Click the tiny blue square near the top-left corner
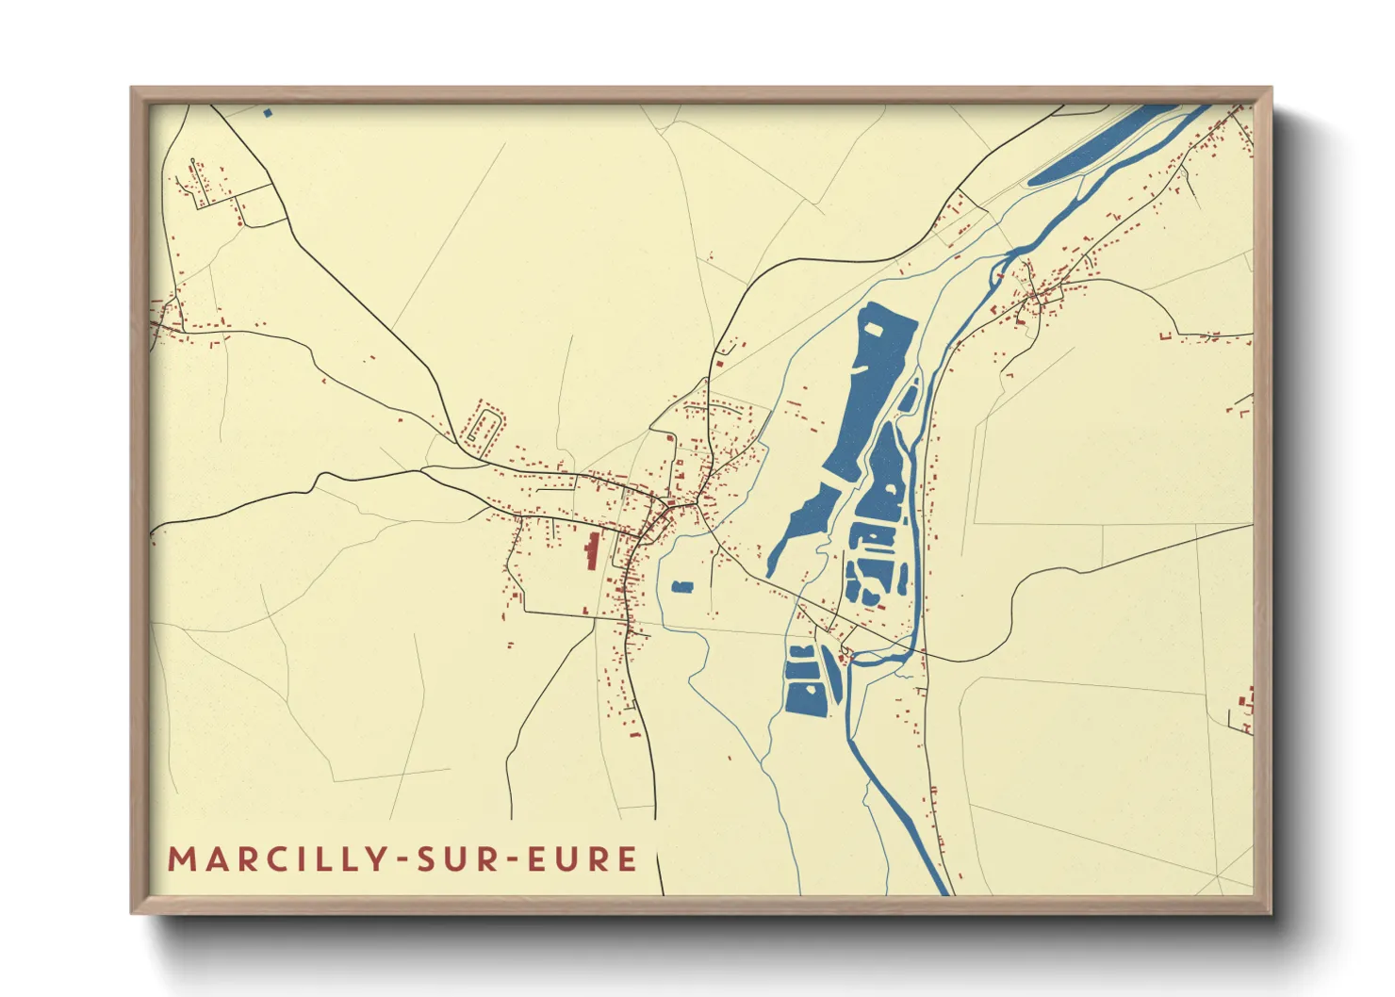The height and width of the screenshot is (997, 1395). [x=268, y=113]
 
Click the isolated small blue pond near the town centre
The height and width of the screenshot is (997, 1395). [x=682, y=587]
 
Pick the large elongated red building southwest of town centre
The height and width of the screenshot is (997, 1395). [x=592, y=550]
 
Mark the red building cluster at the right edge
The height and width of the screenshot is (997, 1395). [x=1247, y=710]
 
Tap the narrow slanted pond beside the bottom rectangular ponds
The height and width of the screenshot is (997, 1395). [x=831, y=673]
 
